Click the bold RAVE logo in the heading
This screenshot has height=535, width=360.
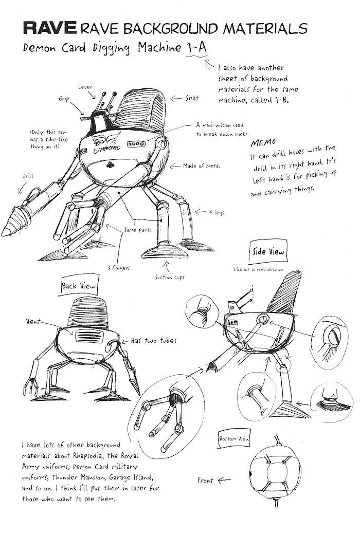[50, 28]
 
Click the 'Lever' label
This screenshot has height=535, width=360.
[85, 87]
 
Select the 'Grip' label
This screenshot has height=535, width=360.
[64, 99]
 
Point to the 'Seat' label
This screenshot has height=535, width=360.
[192, 98]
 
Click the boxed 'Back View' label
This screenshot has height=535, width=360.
[79, 286]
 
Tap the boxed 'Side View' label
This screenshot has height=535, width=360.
[268, 252]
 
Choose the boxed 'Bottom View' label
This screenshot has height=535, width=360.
[234, 438]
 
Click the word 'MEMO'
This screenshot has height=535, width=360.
[263, 142]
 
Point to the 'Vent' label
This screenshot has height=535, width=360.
[33, 321]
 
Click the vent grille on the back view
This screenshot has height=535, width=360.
[87, 336]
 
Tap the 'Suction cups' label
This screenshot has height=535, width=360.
[170, 278]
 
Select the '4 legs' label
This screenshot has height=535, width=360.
[217, 213]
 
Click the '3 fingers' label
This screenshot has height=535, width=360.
[118, 268]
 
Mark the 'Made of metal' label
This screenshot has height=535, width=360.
[202, 166]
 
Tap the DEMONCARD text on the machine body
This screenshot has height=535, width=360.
[106, 150]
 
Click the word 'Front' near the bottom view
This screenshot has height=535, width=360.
[205, 480]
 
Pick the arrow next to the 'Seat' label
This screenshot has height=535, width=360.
[176, 99]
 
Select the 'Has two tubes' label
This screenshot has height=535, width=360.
[154, 341]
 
